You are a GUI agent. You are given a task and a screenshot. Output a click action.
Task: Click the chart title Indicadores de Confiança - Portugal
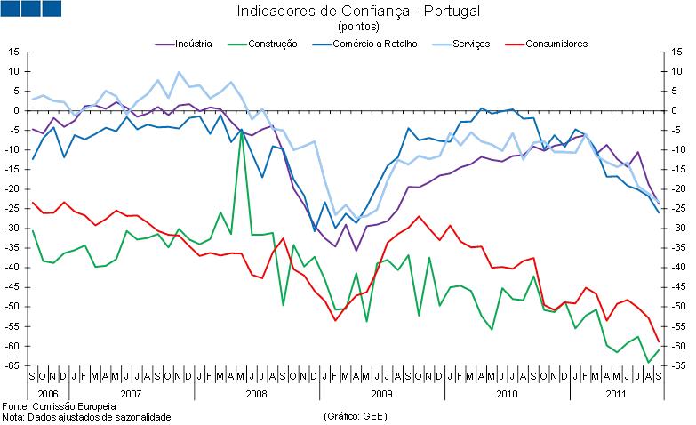pos(346,12)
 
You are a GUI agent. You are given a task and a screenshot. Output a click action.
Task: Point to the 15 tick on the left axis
pos(14,52)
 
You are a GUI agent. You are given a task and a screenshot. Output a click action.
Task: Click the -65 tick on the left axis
pos(12,365)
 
